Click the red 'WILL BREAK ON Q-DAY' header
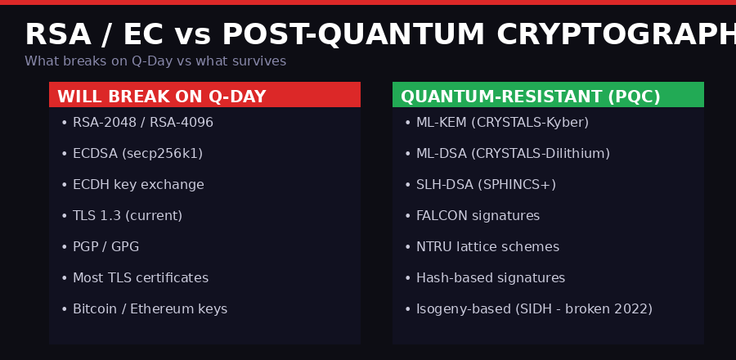[162, 97]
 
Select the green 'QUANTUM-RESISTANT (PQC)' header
[530, 97]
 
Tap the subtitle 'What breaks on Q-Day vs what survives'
[155, 61]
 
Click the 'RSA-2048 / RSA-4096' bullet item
[142, 123]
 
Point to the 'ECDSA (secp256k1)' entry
[137, 154]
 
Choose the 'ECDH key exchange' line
[138, 185]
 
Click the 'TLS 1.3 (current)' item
[127, 216]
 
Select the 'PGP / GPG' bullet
[105, 247]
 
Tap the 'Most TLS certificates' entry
[140, 278]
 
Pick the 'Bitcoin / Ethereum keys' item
[150, 309]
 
